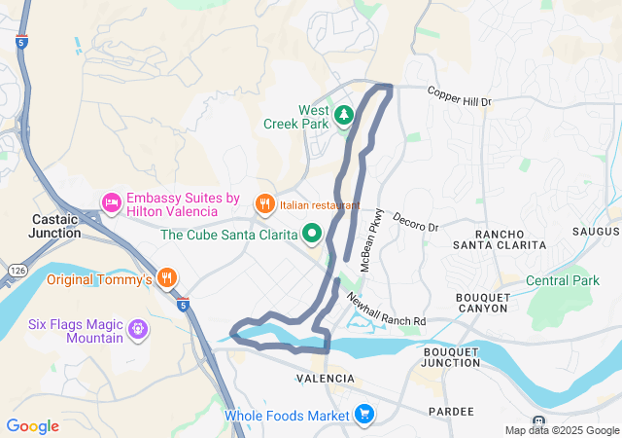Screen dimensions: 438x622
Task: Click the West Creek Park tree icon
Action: [343, 116]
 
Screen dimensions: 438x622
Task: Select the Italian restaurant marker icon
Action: [263, 204]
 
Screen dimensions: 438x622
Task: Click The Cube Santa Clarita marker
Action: [312, 234]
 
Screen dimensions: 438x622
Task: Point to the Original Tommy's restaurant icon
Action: [167, 279]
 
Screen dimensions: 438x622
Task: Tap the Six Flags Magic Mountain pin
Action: [138, 330]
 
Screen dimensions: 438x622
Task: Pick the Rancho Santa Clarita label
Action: [499, 239]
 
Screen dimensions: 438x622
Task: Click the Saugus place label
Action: [596, 232]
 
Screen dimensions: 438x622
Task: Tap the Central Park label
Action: [563, 281]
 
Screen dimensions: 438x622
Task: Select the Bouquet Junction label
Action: [451, 356]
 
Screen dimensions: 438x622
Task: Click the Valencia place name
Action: [326, 378]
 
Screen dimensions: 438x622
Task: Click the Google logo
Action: [32, 425]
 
